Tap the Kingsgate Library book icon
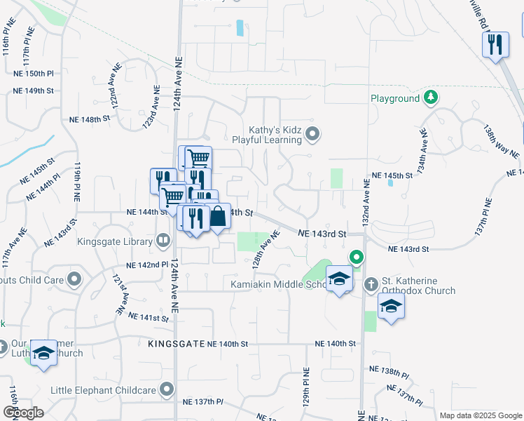163,241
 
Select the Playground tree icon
432,98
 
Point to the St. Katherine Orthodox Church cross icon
371,284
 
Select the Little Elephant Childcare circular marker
167,389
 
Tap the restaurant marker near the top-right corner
495,45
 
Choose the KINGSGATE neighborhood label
176,344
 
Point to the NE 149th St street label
35,91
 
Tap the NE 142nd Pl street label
147,266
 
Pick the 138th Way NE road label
500,142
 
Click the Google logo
23,412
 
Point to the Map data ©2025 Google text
480,415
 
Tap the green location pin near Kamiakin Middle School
356,259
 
